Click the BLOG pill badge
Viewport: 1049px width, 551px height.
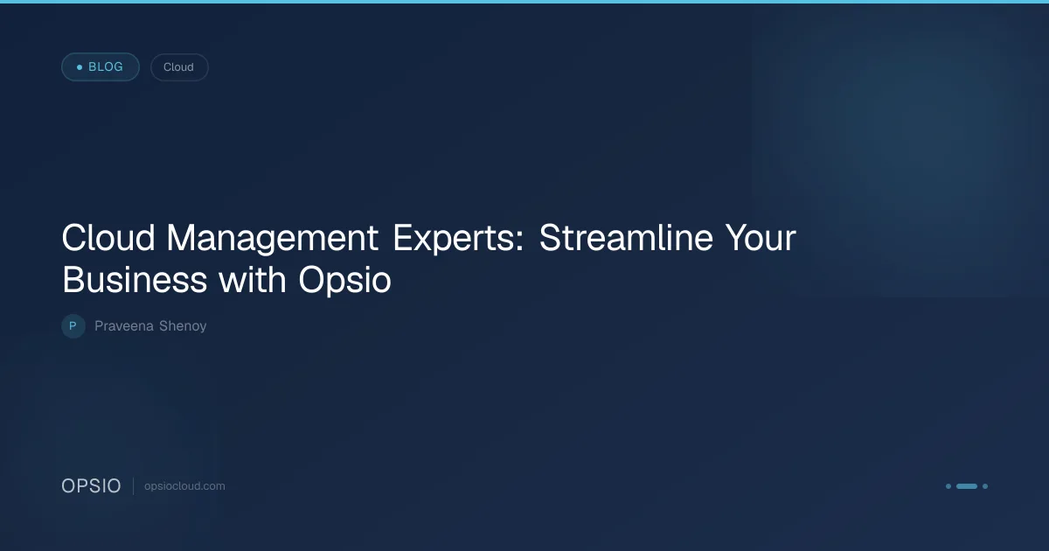(101, 67)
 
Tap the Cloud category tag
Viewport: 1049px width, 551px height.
(179, 67)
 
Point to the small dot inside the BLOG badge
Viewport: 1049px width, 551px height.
(80, 67)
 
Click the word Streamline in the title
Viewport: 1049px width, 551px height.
(626, 238)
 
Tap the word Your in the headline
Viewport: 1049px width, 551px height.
(761, 238)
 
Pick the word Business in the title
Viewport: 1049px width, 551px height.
(135, 280)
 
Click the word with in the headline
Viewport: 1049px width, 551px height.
(253, 280)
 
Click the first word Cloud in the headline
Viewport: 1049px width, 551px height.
(108, 238)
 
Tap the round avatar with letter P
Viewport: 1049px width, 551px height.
(73, 326)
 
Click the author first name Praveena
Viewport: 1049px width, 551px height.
(124, 326)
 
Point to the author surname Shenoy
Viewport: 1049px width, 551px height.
(183, 326)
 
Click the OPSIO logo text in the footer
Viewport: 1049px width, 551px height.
(91, 486)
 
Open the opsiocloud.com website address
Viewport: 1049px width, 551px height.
(184, 486)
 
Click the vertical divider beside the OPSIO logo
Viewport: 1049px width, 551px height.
(134, 486)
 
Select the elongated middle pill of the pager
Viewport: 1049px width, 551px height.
(967, 486)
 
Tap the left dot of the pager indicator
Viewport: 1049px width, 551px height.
(948, 486)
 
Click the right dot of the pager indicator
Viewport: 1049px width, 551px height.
(985, 486)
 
